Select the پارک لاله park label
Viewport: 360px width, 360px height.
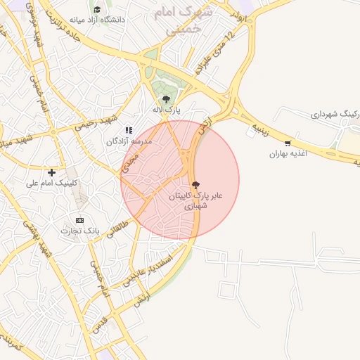click(167, 110)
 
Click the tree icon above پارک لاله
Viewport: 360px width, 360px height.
click(166, 99)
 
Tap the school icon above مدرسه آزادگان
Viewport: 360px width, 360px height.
click(128, 130)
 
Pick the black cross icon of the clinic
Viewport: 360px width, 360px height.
click(51, 172)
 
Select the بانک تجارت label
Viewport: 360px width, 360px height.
click(80, 231)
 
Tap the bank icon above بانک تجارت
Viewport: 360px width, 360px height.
click(79, 220)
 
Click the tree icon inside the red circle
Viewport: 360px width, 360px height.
click(195, 184)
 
